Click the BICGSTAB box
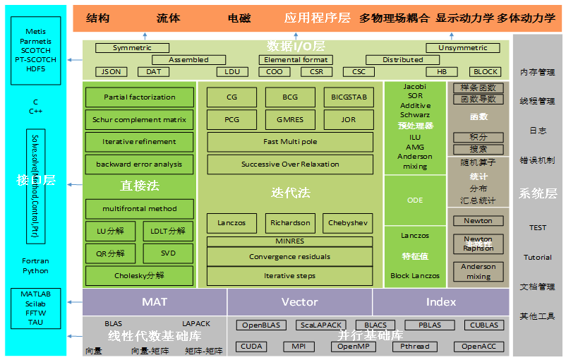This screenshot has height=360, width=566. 348,97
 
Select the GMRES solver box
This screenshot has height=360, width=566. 290,120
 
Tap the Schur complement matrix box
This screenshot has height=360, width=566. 139,120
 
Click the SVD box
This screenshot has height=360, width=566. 168,253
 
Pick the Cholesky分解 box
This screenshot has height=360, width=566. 139,275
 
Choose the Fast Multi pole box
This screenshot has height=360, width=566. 290,142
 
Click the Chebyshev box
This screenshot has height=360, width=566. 348,223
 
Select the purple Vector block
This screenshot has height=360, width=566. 300,301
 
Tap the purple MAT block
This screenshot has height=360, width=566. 155,301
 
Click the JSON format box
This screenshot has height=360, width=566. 112,72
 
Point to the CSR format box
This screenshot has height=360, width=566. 316,72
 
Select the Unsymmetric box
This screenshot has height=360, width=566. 463,48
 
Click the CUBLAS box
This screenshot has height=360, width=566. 484,325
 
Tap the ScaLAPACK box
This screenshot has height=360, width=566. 321,325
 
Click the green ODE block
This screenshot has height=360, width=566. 415,200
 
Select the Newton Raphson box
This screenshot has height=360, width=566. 478,244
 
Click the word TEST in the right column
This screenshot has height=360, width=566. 538,228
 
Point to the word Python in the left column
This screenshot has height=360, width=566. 35,270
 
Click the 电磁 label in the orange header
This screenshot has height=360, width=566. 239,18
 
